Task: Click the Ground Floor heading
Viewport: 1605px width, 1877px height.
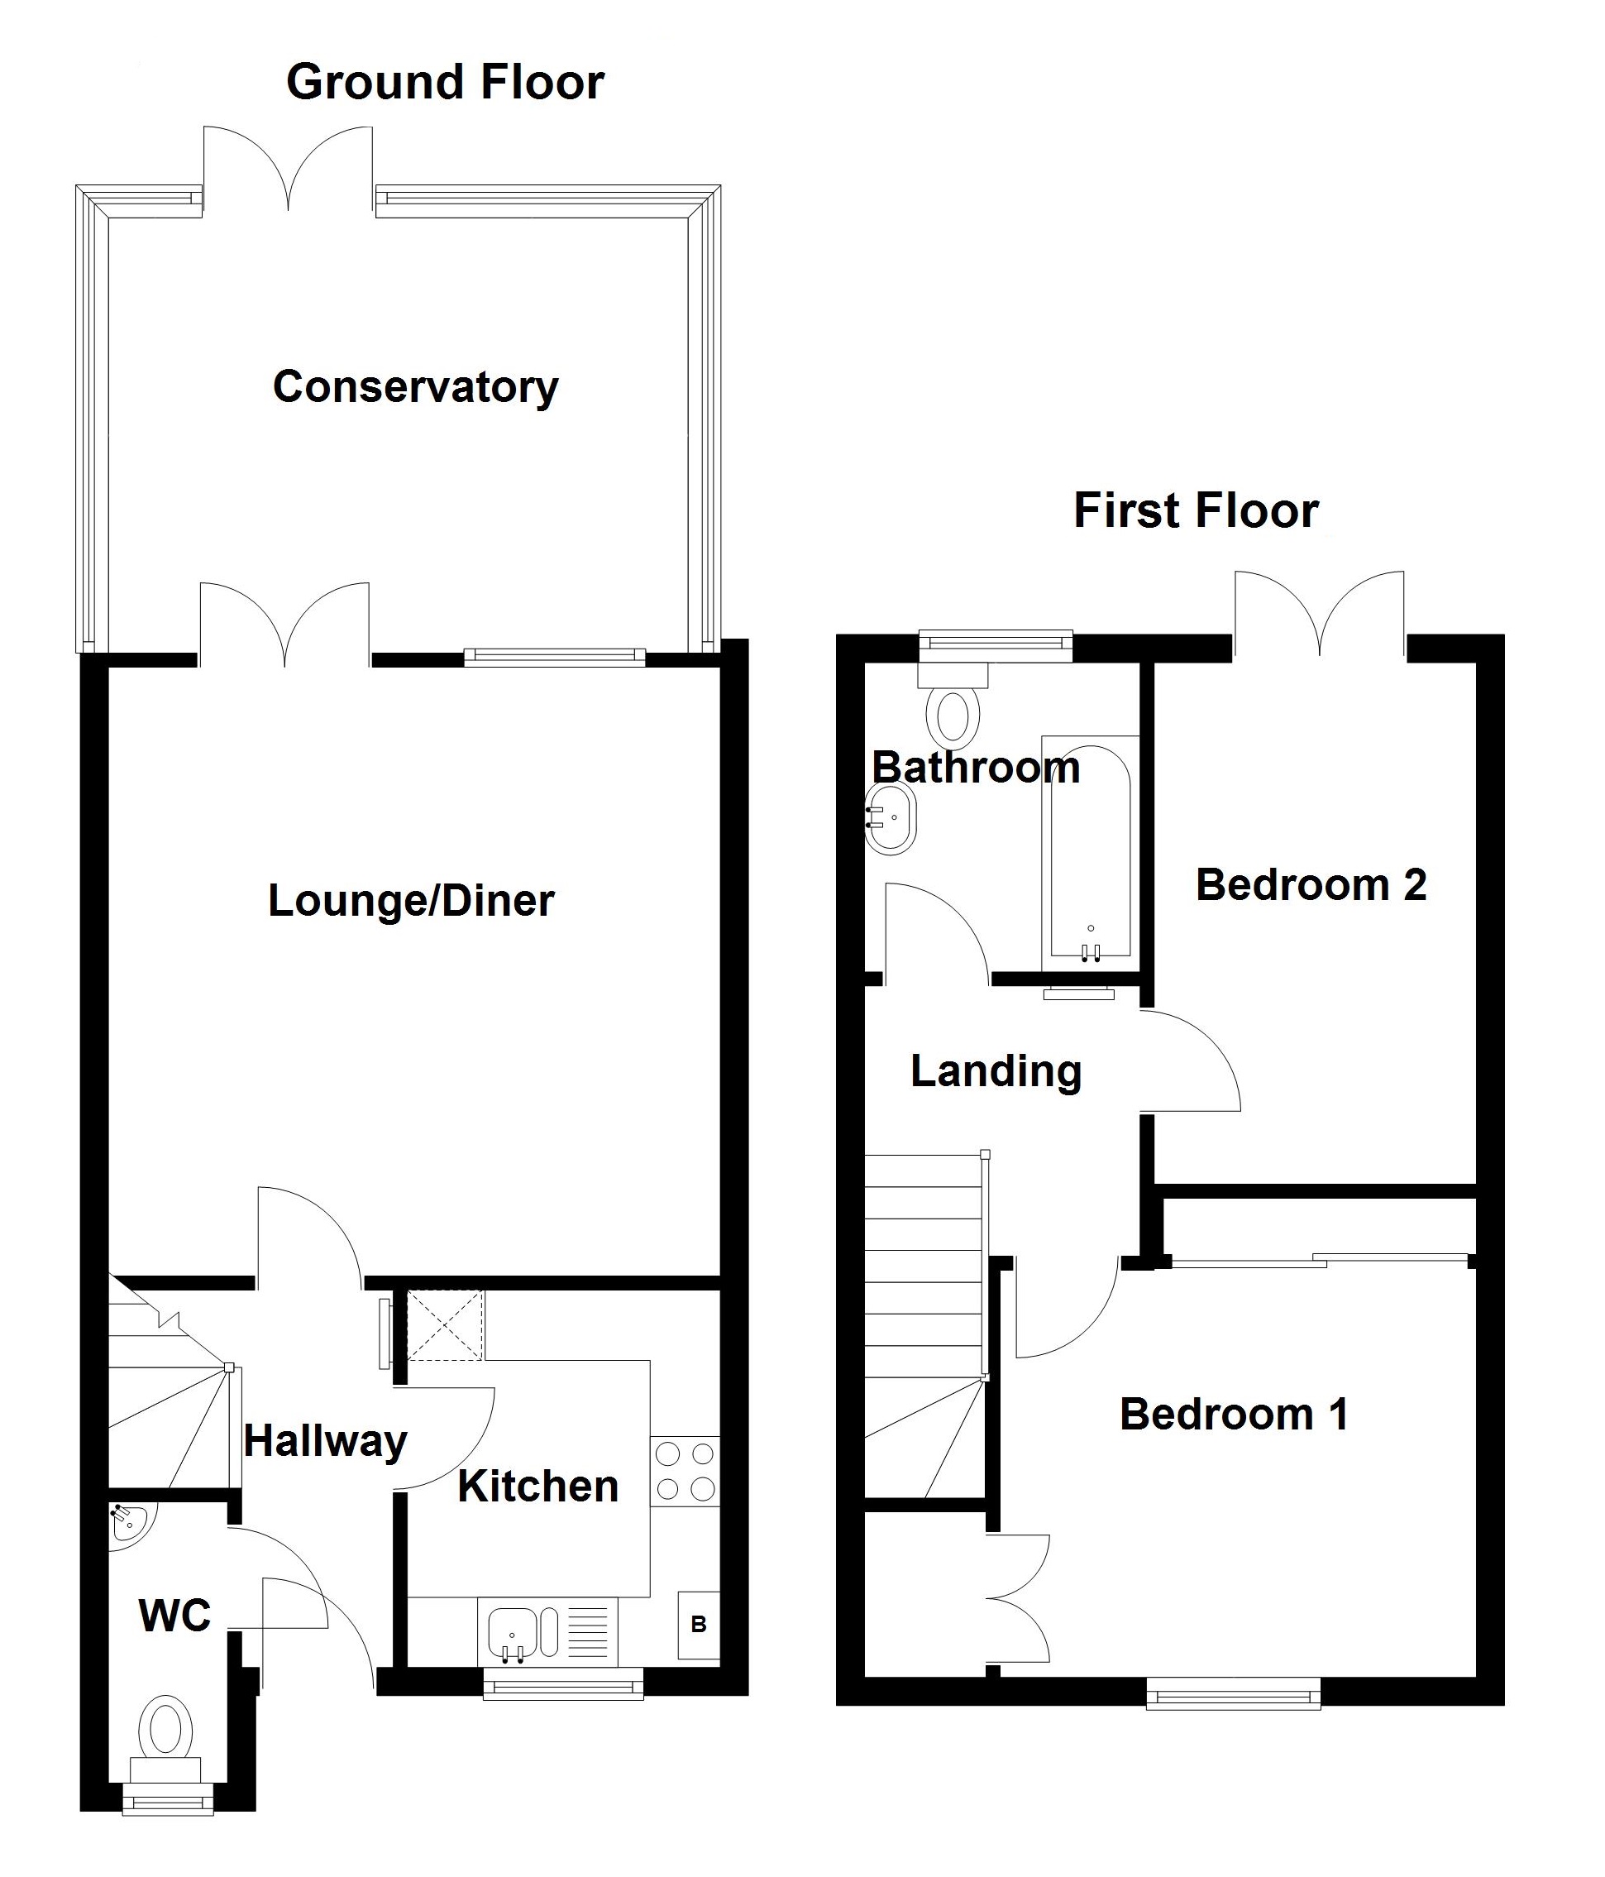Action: [x=445, y=83]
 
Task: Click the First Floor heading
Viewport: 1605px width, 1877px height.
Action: [x=1195, y=511]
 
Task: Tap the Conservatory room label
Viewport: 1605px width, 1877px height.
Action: [x=415, y=387]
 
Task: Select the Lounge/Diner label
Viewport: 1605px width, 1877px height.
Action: [x=410, y=901]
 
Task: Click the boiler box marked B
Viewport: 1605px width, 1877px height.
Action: [x=699, y=1624]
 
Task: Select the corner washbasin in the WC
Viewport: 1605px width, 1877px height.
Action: [x=129, y=1521]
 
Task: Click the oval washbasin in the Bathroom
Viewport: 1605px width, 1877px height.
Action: [x=891, y=817]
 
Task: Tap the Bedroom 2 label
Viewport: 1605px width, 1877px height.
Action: [x=1310, y=885]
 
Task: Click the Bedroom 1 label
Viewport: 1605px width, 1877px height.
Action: [x=1234, y=1414]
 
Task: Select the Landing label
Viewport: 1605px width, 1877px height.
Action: [x=996, y=1070]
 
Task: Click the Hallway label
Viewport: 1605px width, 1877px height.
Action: [x=325, y=1441]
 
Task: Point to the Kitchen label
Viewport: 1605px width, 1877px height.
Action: [x=537, y=1487]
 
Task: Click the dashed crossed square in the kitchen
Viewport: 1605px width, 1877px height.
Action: [x=444, y=1326]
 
